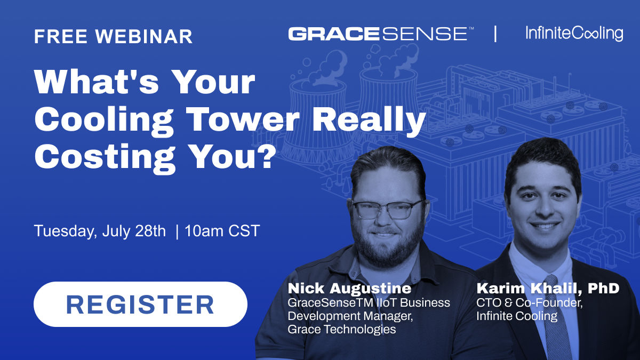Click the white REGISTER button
tap(140, 305)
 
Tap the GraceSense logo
tap(381, 34)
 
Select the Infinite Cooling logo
tap(574, 34)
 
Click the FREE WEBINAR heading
tap(113, 36)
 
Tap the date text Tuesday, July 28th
tap(100, 231)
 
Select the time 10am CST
tap(222, 231)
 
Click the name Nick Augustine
tap(349, 289)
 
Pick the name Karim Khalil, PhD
tap(548, 289)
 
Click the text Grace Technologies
tap(342, 329)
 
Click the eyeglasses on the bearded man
tap(388, 210)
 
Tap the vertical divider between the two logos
tap(495, 34)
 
